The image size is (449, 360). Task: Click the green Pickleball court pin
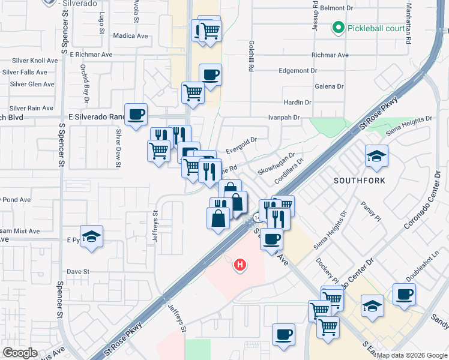(338, 28)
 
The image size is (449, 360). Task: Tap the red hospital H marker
(240, 265)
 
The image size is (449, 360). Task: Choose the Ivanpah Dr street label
(283, 118)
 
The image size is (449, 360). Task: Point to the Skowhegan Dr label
(276, 163)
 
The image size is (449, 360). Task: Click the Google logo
(20, 352)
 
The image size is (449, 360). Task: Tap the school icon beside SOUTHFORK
(376, 157)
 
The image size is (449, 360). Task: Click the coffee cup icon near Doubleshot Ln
(403, 295)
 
